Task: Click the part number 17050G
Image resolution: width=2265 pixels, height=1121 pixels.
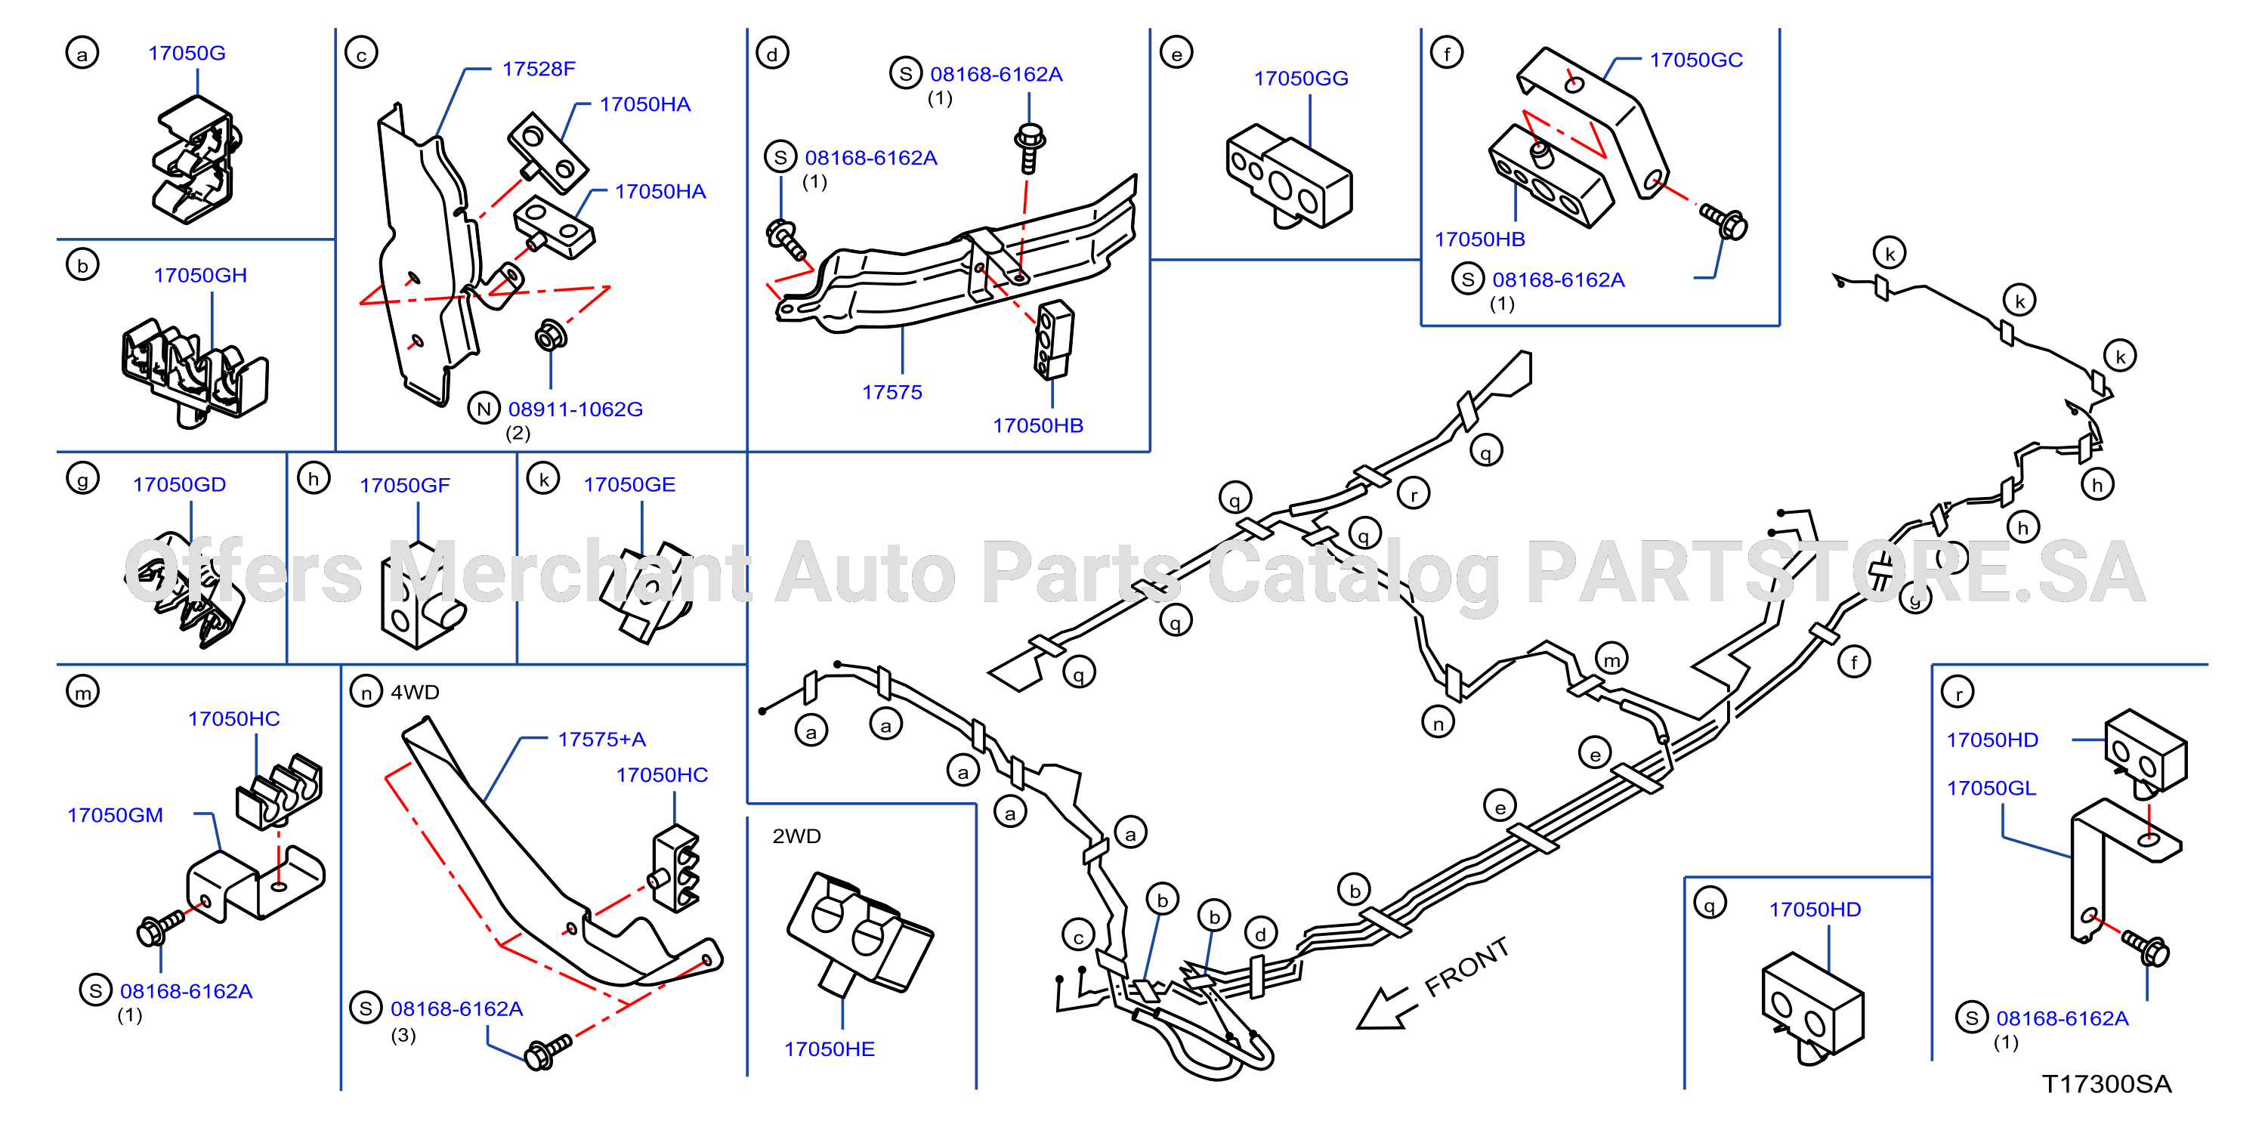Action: click(x=187, y=53)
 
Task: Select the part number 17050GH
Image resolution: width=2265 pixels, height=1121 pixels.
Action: click(x=200, y=275)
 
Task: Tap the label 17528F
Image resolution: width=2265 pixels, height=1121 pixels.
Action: click(x=539, y=69)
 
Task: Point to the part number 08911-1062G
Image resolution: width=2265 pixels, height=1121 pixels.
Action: click(x=576, y=409)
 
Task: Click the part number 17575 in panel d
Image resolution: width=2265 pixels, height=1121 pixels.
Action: click(x=891, y=392)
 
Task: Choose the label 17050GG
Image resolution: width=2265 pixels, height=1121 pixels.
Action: click(x=1300, y=79)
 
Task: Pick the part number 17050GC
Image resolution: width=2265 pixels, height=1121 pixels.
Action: click(x=1696, y=60)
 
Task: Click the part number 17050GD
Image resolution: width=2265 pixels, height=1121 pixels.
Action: click(x=179, y=484)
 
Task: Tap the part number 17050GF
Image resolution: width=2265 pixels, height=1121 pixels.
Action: click(x=404, y=485)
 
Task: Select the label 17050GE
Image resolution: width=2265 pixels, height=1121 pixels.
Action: click(x=629, y=484)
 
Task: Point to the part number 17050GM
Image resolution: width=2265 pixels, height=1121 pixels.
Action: click(x=115, y=815)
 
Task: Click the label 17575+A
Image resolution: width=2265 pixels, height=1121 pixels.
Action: click(x=601, y=740)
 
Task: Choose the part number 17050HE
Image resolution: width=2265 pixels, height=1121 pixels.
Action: click(x=829, y=1049)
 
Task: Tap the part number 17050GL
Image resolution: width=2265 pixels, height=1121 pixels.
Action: click(x=1991, y=788)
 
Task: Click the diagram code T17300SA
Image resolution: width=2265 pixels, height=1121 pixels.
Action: click(x=2107, y=1084)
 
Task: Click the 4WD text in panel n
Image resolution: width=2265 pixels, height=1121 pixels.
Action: click(x=415, y=692)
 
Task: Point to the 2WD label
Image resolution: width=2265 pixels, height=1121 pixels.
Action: click(x=796, y=836)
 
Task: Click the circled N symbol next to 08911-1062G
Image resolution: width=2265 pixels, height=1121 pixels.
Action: click(x=484, y=409)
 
